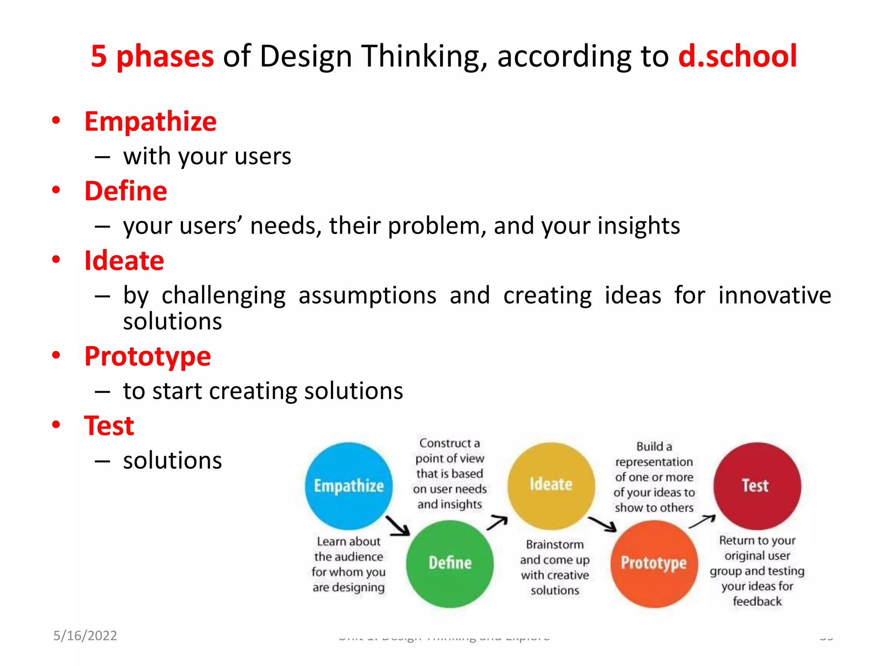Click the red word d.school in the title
[737, 56]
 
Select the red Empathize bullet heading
[150, 121]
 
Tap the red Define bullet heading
[126, 191]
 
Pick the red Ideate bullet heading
[124, 261]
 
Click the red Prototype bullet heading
[147, 357]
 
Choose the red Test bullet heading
[109, 426]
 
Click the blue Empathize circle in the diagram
[349, 486]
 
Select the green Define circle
[450, 563]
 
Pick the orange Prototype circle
[654, 563]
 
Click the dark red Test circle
[757, 485]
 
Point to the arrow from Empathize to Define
[398, 526]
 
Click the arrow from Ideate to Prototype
[603, 524]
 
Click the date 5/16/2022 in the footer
[85, 636]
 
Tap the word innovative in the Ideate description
[774, 296]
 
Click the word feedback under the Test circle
[757, 601]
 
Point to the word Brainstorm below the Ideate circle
[555, 545]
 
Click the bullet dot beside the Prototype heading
[56, 355]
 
